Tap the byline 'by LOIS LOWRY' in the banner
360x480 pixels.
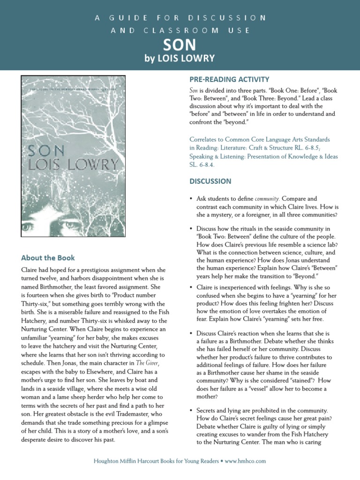pyautogui.click(x=180, y=59)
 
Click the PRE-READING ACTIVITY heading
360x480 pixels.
pyautogui.click(x=229, y=79)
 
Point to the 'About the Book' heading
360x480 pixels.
pyautogui.click(x=48, y=258)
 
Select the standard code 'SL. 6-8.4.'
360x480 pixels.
pyautogui.click(x=202, y=165)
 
